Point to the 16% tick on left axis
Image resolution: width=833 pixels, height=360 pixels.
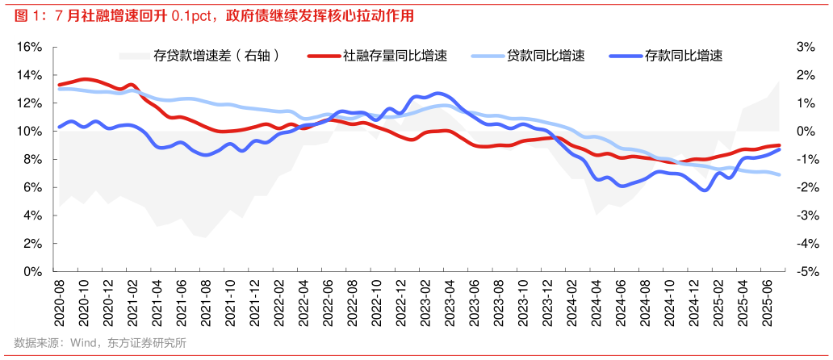click(x=29, y=47)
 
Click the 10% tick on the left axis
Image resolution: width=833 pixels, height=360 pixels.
click(x=29, y=131)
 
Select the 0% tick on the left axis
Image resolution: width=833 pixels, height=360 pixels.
click(x=32, y=271)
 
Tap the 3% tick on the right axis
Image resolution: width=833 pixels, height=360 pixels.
click(x=804, y=47)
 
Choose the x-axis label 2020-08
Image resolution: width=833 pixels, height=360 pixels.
click(x=60, y=303)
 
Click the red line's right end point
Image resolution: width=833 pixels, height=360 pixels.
click(x=778, y=145)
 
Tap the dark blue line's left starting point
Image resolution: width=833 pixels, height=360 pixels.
click(x=59, y=127)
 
